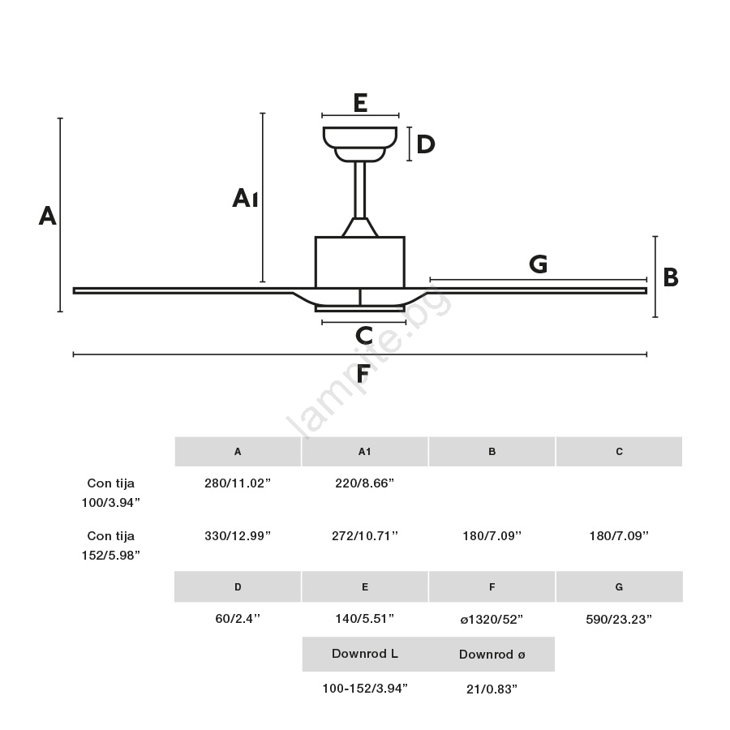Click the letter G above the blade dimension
pyautogui.click(x=539, y=264)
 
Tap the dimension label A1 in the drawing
pyautogui.click(x=245, y=198)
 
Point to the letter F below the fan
pyautogui.click(x=363, y=373)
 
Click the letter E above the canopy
pyautogui.click(x=360, y=102)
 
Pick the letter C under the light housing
pyautogui.click(x=364, y=335)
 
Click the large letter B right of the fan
pyautogui.click(x=671, y=277)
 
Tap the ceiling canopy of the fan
pyautogui.click(x=360, y=144)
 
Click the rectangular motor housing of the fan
pyautogui.click(x=360, y=262)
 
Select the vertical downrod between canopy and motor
pyautogui.click(x=360, y=190)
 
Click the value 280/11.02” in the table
pyautogui.click(x=238, y=483)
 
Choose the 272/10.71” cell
pyautogui.click(x=365, y=536)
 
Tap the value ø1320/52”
pyautogui.click(x=492, y=620)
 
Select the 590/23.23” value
pyautogui.click(x=619, y=620)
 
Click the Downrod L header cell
pyautogui.click(x=365, y=654)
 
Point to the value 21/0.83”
pyautogui.click(x=492, y=689)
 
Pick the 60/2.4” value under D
pyautogui.click(x=238, y=619)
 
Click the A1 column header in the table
pyautogui.click(x=364, y=452)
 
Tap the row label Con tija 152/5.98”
pyautogui.click(x=111, y=546)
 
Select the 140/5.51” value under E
pyautogui.click(x=364, y=619)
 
